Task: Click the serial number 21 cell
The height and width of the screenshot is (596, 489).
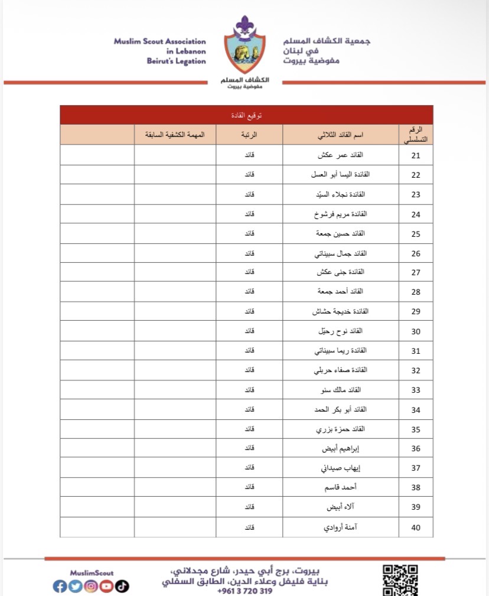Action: tap(416, 156)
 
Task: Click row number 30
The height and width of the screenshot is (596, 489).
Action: tap(416, 331)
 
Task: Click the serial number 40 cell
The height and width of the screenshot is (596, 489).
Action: tap(416, 527)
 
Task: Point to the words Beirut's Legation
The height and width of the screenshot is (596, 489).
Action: tap(177, 61)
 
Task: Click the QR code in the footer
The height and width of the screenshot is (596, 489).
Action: tap(400, 579)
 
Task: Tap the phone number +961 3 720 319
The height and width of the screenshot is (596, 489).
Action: tap(244, 591)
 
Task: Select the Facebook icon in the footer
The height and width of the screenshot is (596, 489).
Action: tap(60, 586)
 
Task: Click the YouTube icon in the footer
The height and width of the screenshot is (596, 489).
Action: tap(106, 586)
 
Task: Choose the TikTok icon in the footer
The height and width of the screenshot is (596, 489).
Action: tap(122, 586)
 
